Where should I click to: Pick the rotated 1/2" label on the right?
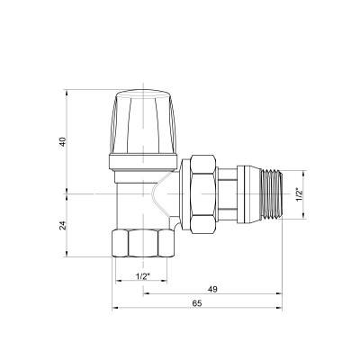coord(310,192)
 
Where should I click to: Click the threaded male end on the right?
coord(267,192)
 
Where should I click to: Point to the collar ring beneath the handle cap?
coord(140,162)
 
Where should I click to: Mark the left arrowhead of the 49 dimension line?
coord(144,294)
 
